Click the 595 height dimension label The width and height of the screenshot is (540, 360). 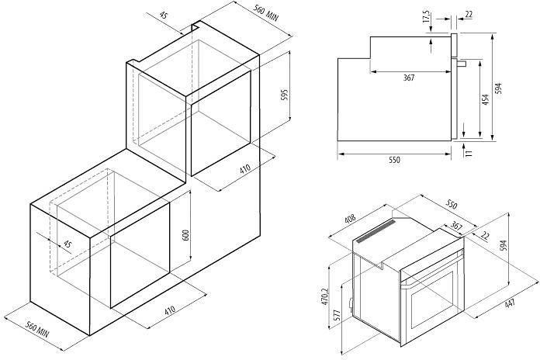(x=284, y=95)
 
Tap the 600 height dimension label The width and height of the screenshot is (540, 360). (x=185, y=235)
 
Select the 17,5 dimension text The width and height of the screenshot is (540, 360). (x=427, y=16)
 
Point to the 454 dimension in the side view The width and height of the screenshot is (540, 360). (x=485, y=99)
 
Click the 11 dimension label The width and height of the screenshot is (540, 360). (x=469, y=152)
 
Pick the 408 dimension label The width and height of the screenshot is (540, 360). (x=349, y=220)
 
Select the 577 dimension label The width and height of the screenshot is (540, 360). (x=337, y=316)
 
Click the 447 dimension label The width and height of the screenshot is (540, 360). (x=510, y=304)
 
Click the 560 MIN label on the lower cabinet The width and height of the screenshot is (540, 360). (x=38, y=329)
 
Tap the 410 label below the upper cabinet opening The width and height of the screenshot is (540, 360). (x=245, y=169)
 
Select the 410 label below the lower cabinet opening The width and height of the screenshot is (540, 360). (x=170, y=310)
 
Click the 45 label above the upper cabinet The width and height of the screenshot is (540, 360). (x=164, y=16)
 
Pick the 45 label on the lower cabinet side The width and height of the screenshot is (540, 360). (x=67, y=244)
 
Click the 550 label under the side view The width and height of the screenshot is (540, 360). (x=394, y=160)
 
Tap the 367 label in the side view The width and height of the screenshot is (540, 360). (x=409, y=78)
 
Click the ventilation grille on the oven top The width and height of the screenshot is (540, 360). (x=376, y=231)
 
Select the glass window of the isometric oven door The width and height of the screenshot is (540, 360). (x=431, y=299)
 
